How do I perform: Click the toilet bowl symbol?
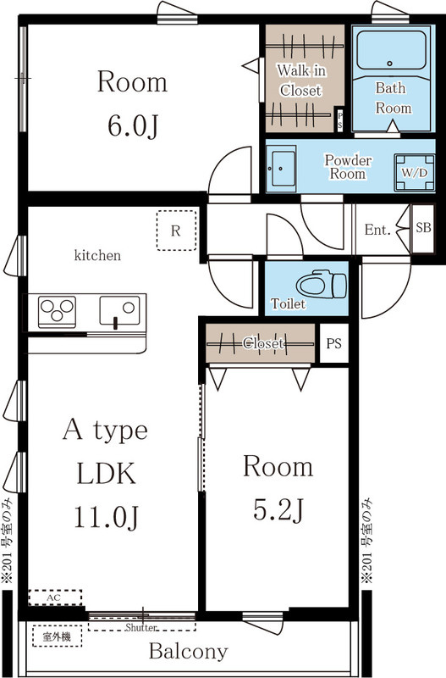322,285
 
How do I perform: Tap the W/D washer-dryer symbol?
415,173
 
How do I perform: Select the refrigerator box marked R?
176,230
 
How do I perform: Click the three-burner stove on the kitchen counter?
57,311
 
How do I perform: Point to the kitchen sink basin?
119,310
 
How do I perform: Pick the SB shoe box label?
423,227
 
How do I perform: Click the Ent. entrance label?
377,230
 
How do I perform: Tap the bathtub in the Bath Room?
392,50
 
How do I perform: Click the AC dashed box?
55,597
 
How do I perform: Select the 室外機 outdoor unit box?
57,636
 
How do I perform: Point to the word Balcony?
188,651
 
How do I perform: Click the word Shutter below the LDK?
140,627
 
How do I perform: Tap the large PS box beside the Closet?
333,343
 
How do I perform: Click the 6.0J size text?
132,126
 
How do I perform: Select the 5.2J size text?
278,510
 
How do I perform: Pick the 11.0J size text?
107,517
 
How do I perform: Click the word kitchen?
97,256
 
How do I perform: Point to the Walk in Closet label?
301,80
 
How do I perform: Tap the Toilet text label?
288,303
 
